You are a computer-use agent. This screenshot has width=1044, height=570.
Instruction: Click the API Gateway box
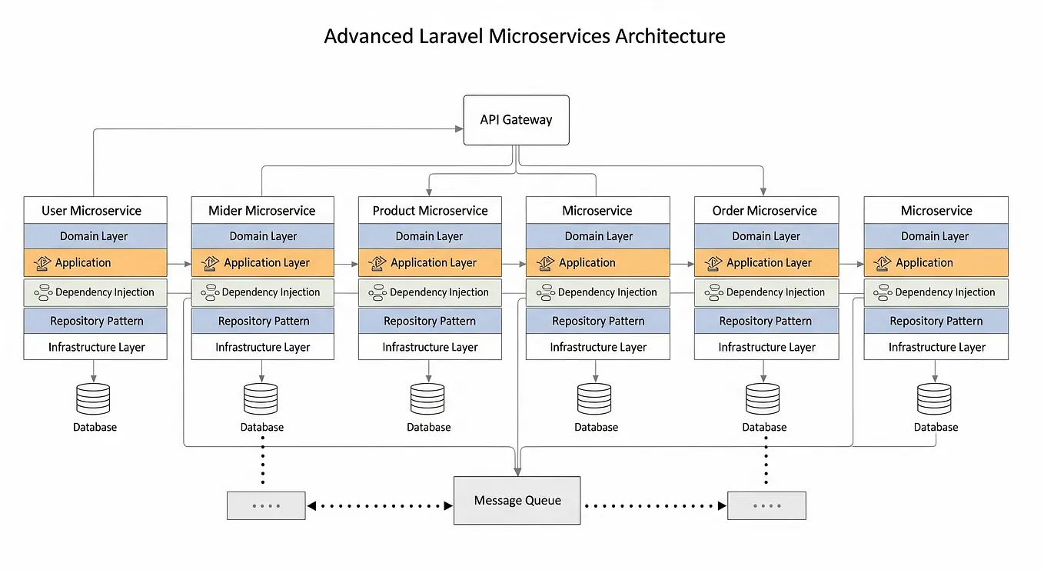point(516,120)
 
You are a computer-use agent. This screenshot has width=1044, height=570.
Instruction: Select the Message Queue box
point(517,501)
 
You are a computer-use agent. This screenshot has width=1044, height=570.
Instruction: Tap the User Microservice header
point(95,210)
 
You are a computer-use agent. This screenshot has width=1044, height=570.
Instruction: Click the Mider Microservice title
point(262,210)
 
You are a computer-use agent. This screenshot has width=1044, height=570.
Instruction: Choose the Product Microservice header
point(430,210)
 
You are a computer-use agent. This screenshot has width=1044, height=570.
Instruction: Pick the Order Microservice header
point(765,210)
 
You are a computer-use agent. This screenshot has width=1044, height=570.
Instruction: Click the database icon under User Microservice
point(93,399)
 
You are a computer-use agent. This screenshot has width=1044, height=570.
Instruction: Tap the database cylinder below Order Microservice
point(763,399)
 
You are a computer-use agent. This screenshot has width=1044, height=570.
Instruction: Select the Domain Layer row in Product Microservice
point(430,236)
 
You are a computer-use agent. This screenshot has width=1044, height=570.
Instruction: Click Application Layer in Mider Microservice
point(262,262)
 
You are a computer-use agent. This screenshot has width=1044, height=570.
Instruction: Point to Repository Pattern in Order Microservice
point(765,321)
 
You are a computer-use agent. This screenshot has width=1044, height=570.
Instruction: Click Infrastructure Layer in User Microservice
point(95,347)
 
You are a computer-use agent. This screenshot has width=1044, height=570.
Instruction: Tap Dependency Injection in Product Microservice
point(430,292)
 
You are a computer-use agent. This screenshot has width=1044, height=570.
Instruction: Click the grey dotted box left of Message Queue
point(266,506)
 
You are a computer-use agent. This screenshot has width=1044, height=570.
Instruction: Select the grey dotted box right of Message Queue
point(766,506)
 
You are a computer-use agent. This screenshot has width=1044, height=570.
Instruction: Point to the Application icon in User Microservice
point(42,263)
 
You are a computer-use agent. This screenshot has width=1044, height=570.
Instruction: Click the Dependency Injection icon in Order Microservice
point(713,292)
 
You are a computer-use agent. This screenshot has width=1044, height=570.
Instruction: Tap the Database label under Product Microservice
point(428,427)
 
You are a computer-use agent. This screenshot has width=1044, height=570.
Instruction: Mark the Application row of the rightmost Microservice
point(936,262)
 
